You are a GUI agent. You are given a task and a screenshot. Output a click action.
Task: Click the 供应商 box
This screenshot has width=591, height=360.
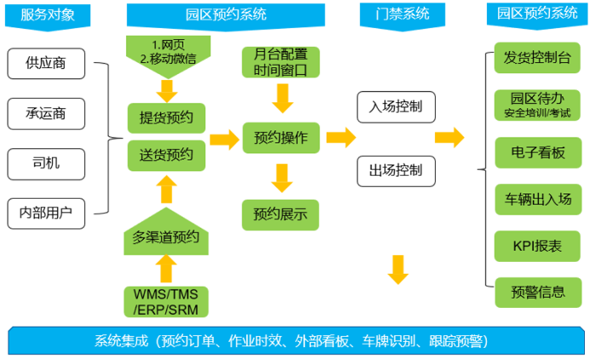tap(46, 63)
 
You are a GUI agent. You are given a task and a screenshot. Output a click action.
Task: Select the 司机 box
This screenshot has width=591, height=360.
tap(46, 164)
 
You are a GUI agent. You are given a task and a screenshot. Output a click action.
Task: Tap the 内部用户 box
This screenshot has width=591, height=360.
tap(46, 214)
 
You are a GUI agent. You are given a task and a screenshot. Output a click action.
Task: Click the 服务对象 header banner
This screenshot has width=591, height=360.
tap(47, 16)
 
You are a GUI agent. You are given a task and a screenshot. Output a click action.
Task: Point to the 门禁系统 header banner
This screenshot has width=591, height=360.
tap(403, 15)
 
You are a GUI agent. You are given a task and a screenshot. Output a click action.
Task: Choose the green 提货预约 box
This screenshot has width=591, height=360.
tap(166, 118)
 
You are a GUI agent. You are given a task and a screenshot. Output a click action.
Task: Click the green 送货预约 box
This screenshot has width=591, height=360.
tap(166, 155)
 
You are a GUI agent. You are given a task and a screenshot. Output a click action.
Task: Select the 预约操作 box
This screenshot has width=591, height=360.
tap(281, 137)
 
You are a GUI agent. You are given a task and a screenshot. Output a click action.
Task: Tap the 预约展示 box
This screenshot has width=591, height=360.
tap(280, 215)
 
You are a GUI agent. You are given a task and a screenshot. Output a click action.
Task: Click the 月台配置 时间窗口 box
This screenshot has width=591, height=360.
tap(281, 62)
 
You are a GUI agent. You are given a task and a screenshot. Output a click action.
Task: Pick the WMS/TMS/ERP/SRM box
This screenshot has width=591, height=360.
tap(166, 302)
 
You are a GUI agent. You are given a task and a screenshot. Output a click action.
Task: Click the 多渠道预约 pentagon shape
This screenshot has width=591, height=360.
tap(166, 232)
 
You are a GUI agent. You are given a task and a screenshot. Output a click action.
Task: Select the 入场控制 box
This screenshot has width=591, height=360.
tap(396, 107)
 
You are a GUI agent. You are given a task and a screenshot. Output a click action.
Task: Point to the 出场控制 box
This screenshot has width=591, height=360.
tap(396, 171)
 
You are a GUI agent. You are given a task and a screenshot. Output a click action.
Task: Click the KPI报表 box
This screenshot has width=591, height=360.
tap(537, 246)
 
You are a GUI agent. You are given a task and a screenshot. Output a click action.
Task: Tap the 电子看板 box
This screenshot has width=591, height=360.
tap(538, 152)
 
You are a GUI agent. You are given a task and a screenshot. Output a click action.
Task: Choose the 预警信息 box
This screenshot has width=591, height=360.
tap(538, 292)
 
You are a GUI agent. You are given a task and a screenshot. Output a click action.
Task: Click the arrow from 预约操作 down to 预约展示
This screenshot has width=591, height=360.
tap(282, 178)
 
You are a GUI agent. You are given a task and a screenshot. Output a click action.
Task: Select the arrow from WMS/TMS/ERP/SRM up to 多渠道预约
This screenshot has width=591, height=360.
tap(166, 269)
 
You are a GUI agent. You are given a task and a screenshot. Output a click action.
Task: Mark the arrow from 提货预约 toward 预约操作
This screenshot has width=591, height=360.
tap(225, 139)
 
